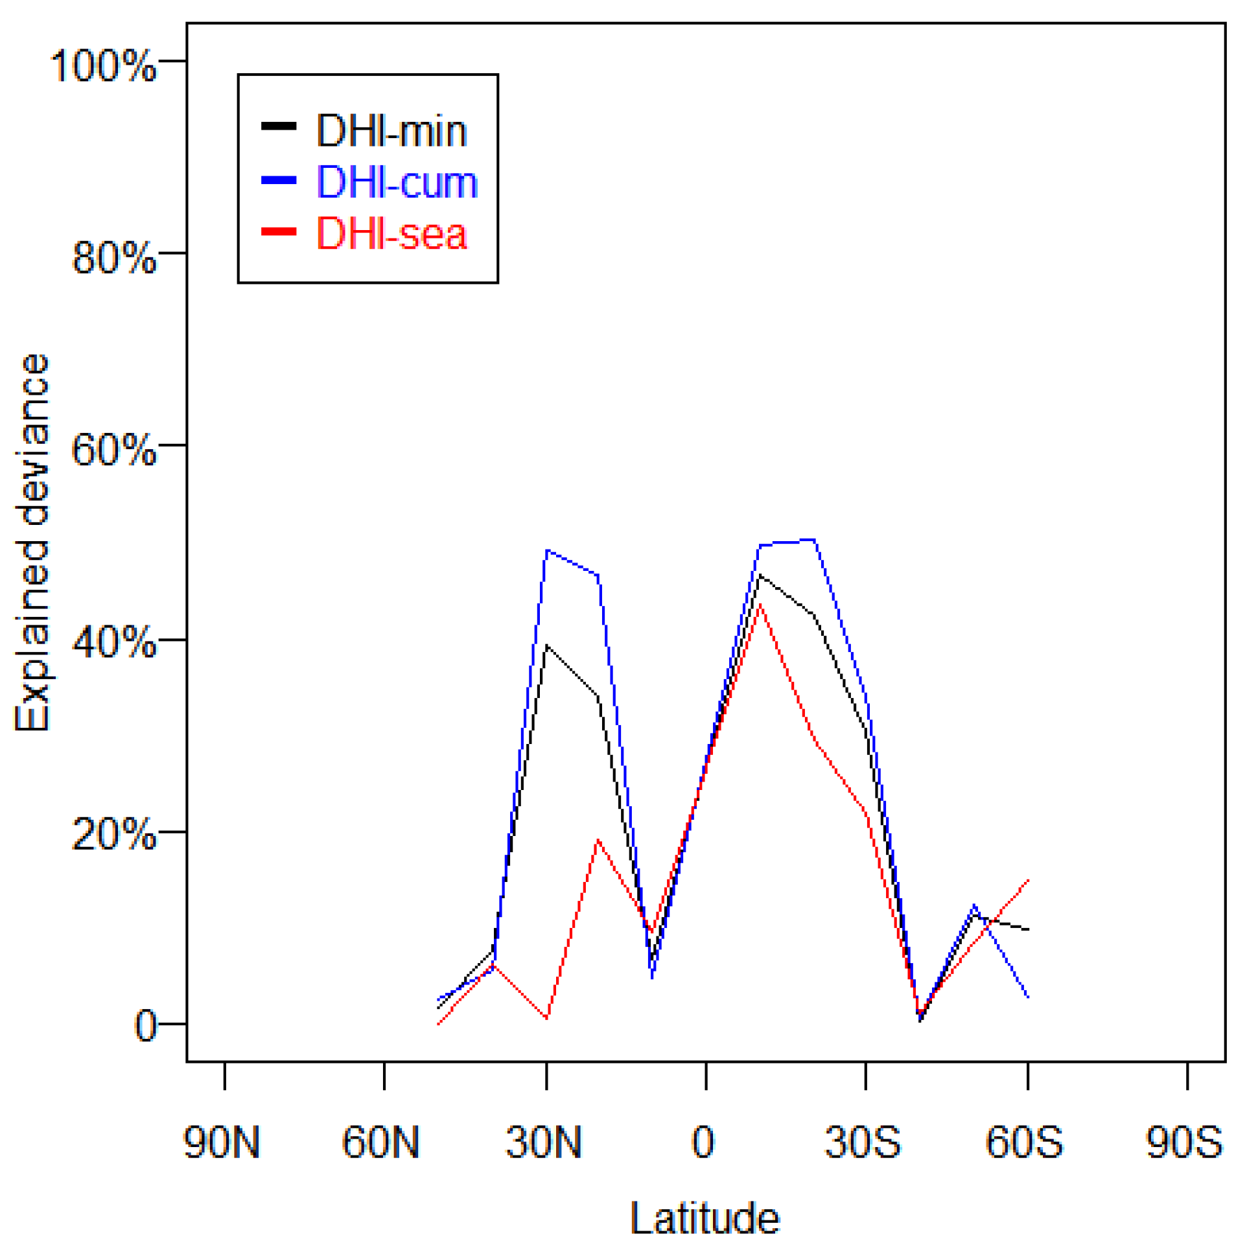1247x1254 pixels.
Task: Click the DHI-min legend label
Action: click(391, 131)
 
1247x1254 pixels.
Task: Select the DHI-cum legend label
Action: click(397, 182)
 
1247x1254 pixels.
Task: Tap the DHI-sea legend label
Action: click(391, 234)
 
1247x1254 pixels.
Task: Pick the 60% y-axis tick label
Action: click(113, 450)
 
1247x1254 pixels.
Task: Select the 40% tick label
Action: click(113, 643)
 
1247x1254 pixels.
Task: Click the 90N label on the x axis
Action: click(222, 1143)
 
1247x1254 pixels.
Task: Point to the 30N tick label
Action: click(543, 1143)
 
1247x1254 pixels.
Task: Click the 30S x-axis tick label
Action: click(863, 1143)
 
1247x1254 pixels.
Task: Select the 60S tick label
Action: click(1023, 1143)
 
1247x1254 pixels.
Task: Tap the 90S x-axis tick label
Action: click(1184, 1143)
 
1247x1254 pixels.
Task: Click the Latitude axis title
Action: click(705, 1219)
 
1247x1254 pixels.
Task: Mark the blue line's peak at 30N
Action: click(547, 551)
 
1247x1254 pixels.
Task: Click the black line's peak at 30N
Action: click(547, 646)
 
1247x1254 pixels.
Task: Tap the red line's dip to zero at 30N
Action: click(547, 1018)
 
